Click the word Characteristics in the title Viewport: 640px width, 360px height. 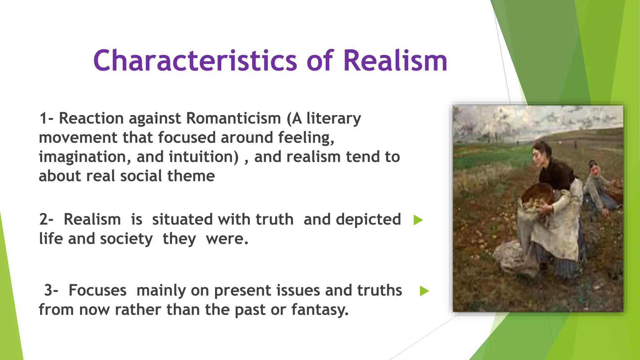click(x=195, y=61)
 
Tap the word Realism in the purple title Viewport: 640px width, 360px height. click(x=395, y=61)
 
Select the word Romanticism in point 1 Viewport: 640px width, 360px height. click(x=233, y=118)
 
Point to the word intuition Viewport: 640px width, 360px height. click(x=203, y=157)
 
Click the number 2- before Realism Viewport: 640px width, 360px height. click(x=46, y=219)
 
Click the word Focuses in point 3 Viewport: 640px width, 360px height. click(x=97, y=290)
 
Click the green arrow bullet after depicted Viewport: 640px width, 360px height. click(x=418, y=220)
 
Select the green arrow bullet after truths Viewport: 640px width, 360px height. click(x=424, y=291)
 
